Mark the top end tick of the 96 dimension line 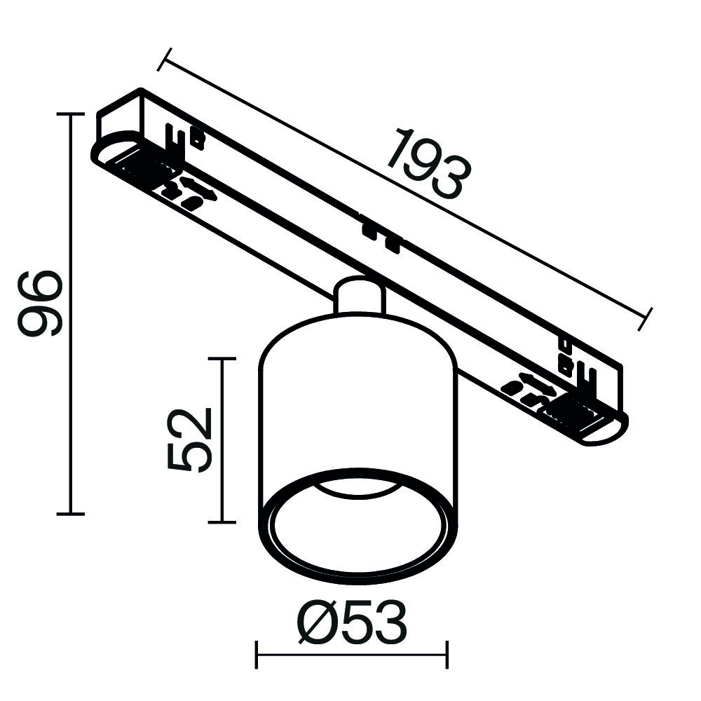point(70,114)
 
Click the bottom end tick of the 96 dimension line point(70,514)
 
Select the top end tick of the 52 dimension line point(222,358)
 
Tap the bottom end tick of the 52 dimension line point(222,522)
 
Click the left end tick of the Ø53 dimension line point(257,656)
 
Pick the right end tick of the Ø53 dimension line point(447,656)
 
